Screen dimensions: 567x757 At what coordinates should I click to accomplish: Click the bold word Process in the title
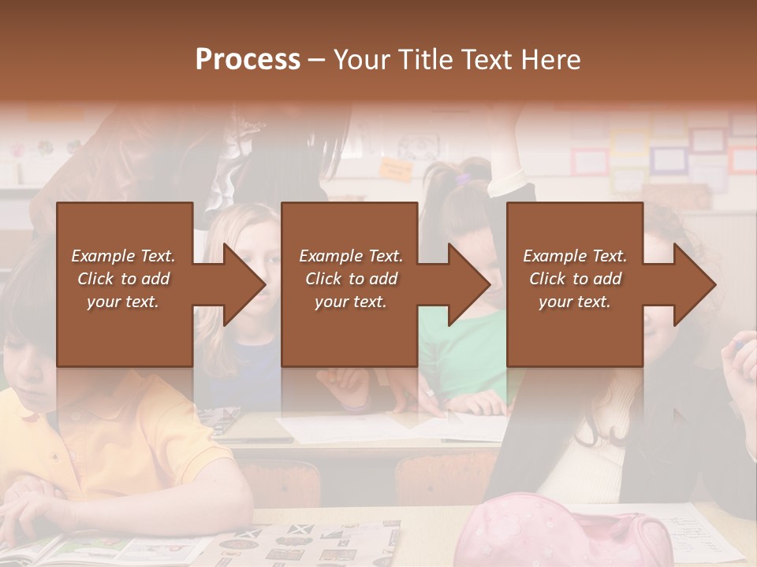pos(248,60)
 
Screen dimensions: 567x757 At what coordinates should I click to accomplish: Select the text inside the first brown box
pos(124,279)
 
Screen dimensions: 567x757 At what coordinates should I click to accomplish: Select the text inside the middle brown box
pos(350,279)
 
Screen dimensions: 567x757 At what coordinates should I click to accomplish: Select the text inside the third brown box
pos(575,279)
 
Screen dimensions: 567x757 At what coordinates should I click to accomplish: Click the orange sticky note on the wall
pos(395,168)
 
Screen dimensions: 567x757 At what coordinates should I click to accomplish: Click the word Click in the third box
pos(546,279)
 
